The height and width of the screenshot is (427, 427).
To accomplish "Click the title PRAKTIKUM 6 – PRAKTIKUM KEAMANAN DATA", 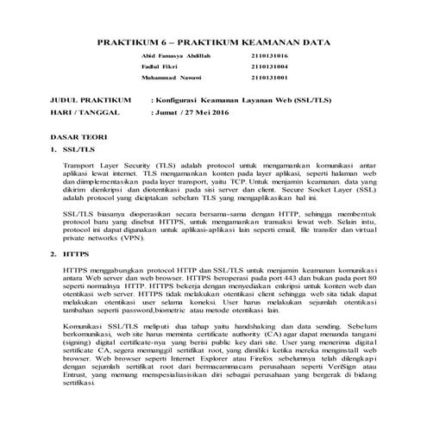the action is tap(213, 41).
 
